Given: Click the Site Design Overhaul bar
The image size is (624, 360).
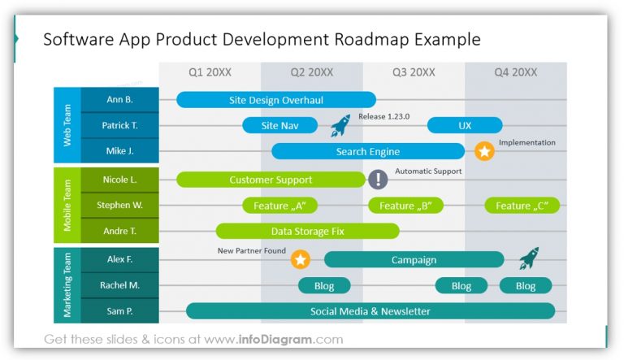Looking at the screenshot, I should click(x=276, y=100).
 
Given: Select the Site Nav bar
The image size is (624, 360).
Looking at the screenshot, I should click(x=279, y=126).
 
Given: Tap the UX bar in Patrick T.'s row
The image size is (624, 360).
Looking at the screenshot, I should click(x=465, y=126).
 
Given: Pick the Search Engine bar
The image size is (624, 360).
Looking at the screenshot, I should click(x=367, y=152).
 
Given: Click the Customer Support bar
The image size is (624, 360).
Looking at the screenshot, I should click(x=271, y=180).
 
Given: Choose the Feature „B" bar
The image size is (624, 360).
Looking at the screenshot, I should click(x=405, y=206).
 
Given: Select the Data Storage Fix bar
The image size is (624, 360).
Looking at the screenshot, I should click(x=307, y=232).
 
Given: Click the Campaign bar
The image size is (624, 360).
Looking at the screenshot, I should click(x=414, y=260).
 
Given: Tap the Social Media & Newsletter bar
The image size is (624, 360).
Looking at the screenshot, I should click(x=370, y=311).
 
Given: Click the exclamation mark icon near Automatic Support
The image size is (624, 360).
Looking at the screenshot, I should click(x=378, y=180).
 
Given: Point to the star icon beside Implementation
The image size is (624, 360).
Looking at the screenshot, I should click(x=484, y=151).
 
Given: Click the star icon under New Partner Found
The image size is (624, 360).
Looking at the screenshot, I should click(x=301, y=260).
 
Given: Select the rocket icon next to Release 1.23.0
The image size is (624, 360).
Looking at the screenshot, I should click(x=340, y=125).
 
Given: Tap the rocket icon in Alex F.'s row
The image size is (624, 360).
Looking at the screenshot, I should click(x=529, y=258).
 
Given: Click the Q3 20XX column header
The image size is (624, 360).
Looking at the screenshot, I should click(x=413, y=72).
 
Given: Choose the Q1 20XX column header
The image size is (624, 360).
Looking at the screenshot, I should click(x=210, y=72).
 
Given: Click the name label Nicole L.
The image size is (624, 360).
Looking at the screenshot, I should click(x=119, y=180).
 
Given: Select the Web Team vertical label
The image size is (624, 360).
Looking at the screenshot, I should click(x=67, y=125).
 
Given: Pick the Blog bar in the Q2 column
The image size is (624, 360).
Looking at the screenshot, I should click(x=324, y=286).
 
